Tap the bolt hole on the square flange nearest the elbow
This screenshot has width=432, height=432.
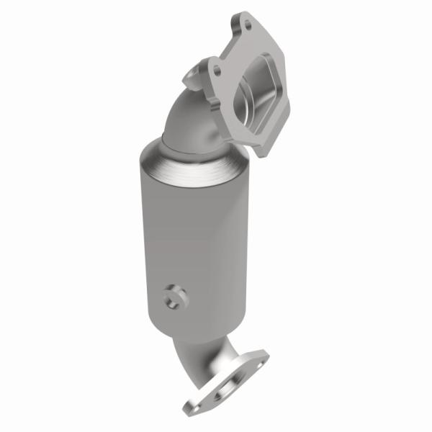[x=215, y=71]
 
